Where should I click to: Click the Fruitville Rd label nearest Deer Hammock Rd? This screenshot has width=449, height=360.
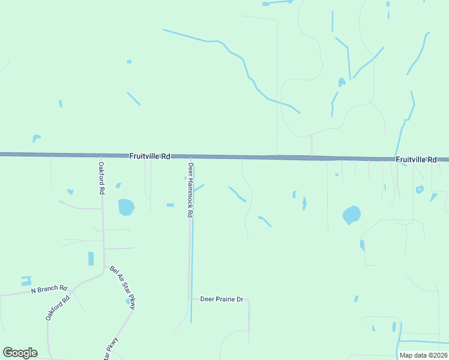(x=150, y=156)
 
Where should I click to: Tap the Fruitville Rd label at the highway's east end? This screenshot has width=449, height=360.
(x=416, y=160)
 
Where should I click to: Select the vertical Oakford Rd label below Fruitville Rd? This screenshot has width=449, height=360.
(x=102, y=178)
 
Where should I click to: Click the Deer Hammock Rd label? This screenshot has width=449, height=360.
(x=190, y=190)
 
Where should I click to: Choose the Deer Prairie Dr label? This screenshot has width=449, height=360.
(x=221, y=299)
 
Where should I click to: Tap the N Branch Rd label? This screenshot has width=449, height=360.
(x=49, y=289)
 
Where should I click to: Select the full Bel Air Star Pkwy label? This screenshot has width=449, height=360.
(x=123, y=288)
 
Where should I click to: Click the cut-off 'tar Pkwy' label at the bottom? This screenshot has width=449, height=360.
(x=110, y=349)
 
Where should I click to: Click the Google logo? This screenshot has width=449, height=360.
(x=20, y=353)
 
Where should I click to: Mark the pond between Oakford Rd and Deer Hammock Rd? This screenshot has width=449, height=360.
(x=126, y=207)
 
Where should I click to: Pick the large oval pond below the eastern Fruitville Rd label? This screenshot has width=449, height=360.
(x=351, y=215)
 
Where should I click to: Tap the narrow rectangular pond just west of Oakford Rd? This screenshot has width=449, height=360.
(x=91, y=259)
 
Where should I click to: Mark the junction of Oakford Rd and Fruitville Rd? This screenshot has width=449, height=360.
(x=101, y=155)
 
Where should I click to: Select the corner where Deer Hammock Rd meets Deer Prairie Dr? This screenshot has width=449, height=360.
(x=190, y=298)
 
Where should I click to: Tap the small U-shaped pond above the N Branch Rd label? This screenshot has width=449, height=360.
(x=26, y=280)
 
